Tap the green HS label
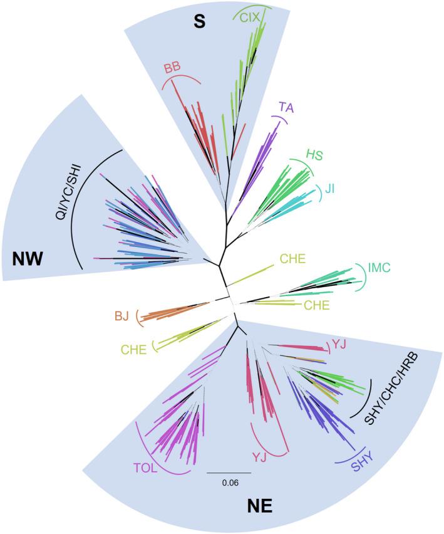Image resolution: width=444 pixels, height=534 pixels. (x=314, y=155)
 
